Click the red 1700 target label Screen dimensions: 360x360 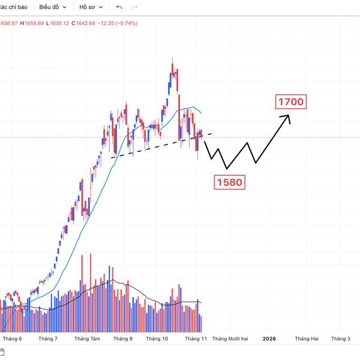291,102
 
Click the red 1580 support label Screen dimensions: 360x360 229,182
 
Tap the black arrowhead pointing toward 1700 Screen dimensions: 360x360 289,118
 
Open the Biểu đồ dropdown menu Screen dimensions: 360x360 53,7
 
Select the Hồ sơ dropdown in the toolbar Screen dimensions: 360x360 91,7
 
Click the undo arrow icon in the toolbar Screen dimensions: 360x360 119,7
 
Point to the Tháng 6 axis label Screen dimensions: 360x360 12,339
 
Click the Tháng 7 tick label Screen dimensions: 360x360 47,339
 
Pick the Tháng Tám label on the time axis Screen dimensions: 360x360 87,339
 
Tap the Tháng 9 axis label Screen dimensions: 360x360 122,339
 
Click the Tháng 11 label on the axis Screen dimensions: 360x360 196,339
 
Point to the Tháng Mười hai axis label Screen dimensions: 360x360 230,339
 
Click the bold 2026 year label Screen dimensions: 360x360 269,339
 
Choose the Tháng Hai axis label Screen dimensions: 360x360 306,339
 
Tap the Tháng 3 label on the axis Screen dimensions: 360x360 340,339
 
